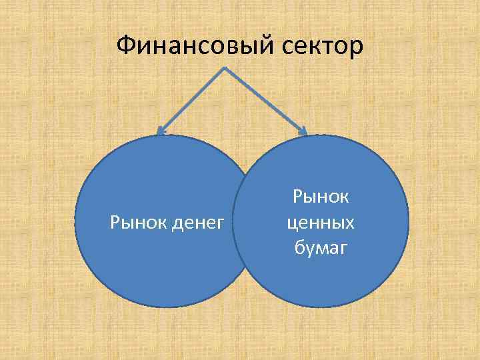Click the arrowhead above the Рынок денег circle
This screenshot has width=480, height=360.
pos(160,130)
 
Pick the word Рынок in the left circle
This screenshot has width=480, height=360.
pos(134,221)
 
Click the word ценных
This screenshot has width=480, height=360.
pos(321,222)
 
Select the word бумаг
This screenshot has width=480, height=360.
pos(321,248)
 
